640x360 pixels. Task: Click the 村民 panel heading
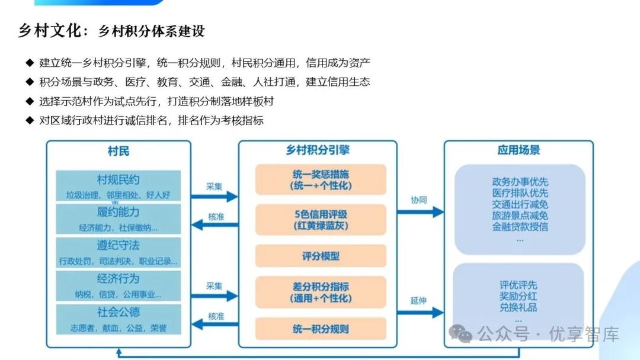(x=119, y=151)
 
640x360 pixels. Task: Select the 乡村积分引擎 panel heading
(x=318, y=150)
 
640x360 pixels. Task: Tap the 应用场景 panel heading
(x=518, y=150)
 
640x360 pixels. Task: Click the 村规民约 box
(x=119, y=186)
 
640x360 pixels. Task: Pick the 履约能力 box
(x=119, y=219)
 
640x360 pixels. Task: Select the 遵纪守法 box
(x=119, y=252)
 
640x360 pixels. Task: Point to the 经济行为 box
(x=119, y=285)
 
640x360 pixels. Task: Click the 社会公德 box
(x=119, y=319)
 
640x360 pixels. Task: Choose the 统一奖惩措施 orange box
(x=321, y=179)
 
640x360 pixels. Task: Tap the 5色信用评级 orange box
(x=321, y=219)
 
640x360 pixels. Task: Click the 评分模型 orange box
(x=321, y=256)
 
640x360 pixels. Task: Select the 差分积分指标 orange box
(x=321, y=292)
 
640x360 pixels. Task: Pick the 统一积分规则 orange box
(x=321, y=329)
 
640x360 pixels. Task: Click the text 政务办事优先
(x=520, y=182)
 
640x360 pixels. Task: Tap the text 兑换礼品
(x=519, y=307)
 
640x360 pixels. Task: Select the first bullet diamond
(x=30, y=63)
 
